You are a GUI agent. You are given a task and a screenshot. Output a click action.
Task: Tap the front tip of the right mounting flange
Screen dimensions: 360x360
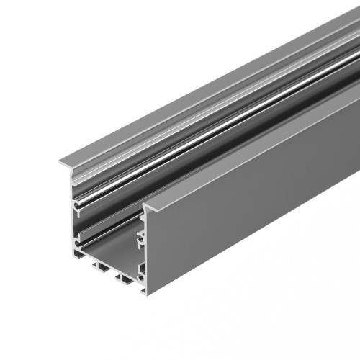click(x=145, y=209)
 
